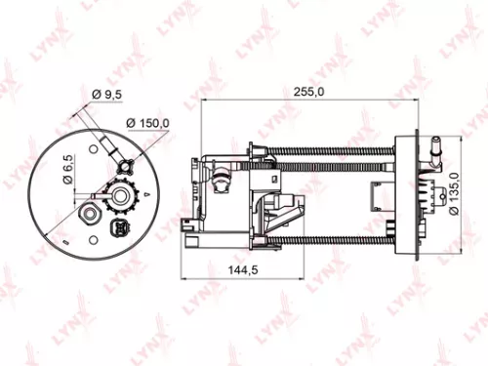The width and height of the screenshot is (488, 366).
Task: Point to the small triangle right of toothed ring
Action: click(145, 195)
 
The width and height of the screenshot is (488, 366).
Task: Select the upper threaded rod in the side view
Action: click(342, 151)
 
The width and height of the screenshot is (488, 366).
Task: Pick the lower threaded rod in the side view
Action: click(342, 239)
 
